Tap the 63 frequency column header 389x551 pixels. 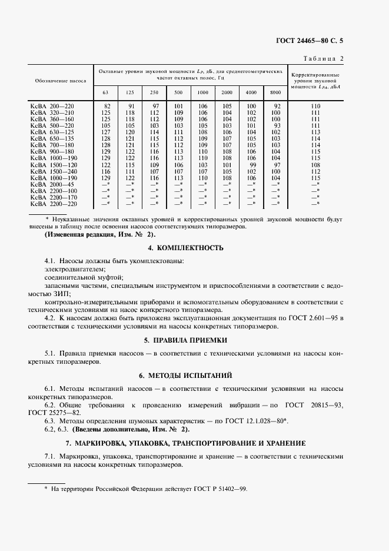click(x=105, y=92)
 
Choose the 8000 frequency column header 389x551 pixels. click(x=275, y=92)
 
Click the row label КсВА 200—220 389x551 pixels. click(x=52, y=105)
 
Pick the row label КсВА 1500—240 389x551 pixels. click(x=52, y=171)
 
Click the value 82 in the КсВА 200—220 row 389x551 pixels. click(x=107, y=105)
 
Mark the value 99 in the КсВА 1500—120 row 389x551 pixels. click(x=252, y=165)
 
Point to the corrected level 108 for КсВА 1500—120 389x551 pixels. click(x=316, y=165)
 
